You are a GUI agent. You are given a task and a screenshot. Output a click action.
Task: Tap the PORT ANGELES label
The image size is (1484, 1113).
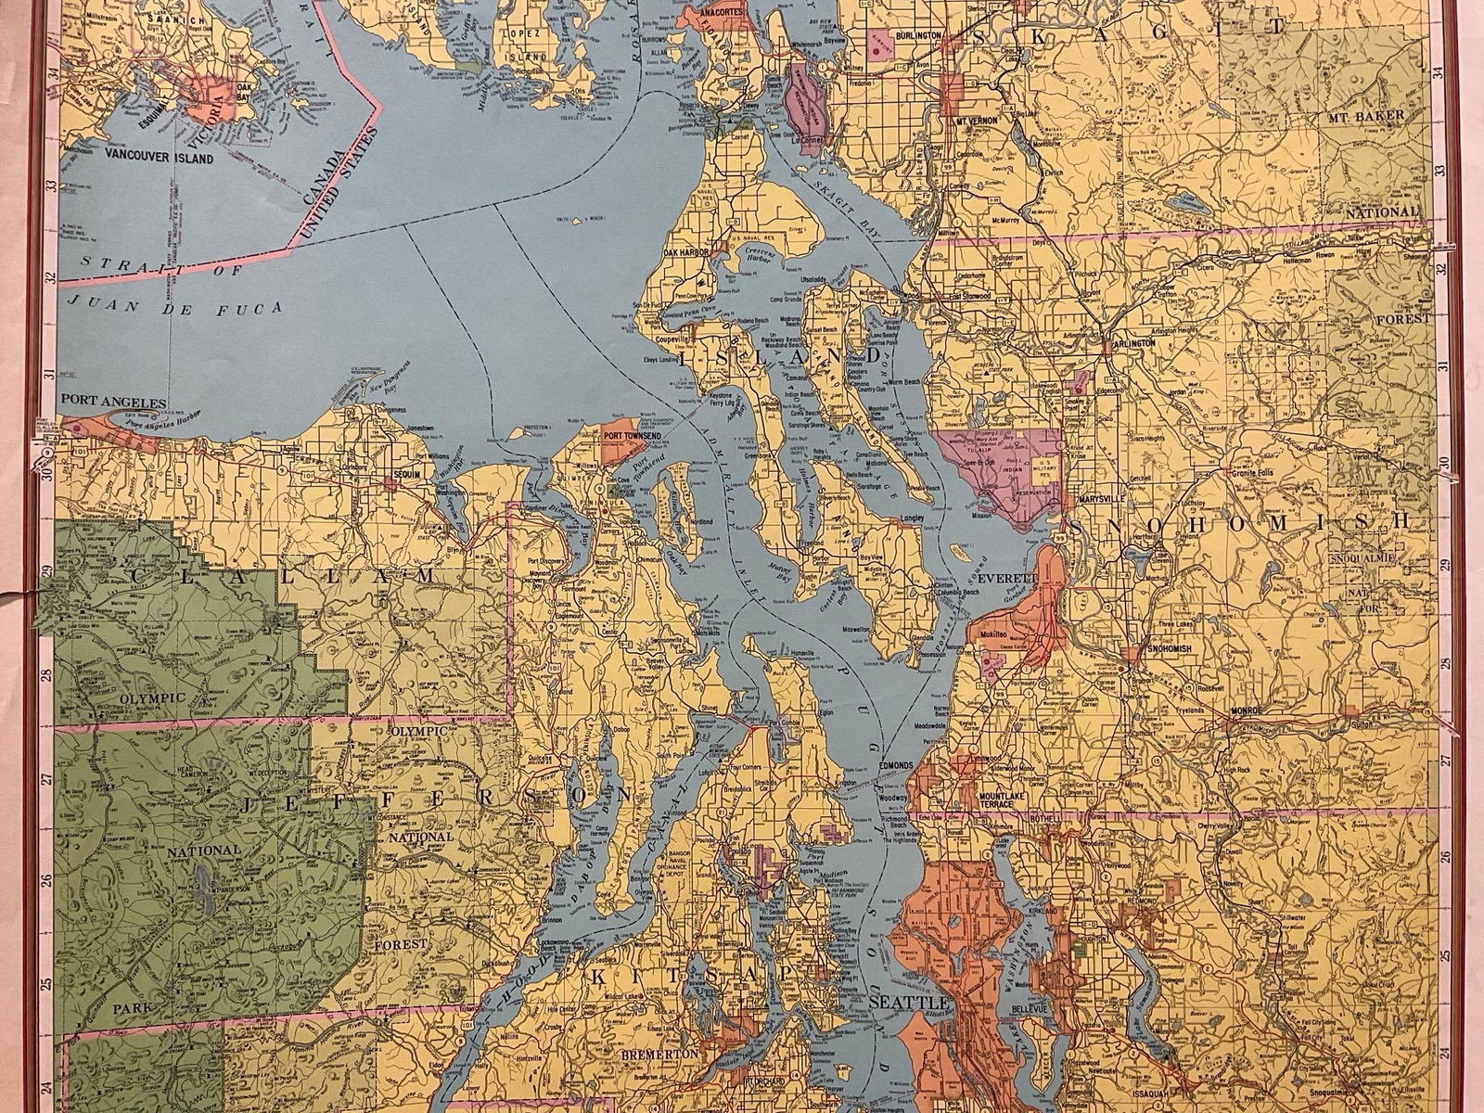[112, 403]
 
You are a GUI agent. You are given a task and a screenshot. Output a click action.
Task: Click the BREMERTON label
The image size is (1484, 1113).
[663, 1055]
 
